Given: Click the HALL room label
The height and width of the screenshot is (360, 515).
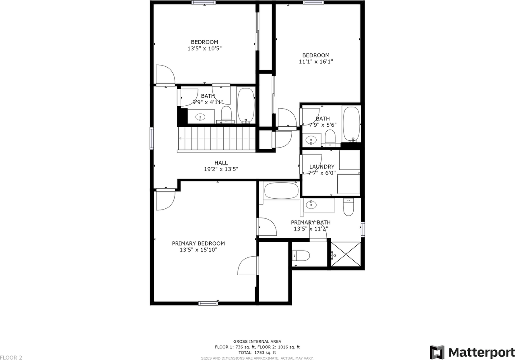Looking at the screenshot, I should [221, 163].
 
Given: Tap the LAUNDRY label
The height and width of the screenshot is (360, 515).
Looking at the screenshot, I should [321, 167].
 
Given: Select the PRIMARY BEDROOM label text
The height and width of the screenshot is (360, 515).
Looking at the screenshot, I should [198, 243].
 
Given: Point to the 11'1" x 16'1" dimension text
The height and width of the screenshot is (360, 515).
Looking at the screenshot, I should [316, 62].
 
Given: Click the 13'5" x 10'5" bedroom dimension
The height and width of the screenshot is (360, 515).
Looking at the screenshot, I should [204, 48].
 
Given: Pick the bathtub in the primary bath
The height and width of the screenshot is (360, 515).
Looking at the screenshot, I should [281, 191].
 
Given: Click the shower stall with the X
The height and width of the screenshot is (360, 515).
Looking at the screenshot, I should [345, 254].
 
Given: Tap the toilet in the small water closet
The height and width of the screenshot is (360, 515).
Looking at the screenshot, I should [301, 255].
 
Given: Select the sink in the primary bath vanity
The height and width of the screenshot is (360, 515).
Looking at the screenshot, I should [311, 205].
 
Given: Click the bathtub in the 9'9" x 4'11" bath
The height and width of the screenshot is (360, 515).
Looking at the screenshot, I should [245, 106].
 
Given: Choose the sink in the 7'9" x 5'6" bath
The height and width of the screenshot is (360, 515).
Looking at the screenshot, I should [310, 140].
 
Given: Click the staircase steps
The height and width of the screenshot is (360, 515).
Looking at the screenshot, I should [216, 139].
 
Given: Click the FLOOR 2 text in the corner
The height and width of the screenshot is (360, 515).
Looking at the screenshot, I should [11, 357].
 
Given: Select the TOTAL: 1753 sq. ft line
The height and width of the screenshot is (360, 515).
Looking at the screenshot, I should [257, 352].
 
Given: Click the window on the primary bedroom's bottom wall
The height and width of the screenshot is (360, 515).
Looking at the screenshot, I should [208, 303].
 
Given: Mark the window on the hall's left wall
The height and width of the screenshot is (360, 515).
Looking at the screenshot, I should [152, 138].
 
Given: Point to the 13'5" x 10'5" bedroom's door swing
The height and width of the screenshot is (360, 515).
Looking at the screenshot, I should [165, 75].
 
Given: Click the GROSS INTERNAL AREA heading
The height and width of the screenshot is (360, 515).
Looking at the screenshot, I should [257, 341].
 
